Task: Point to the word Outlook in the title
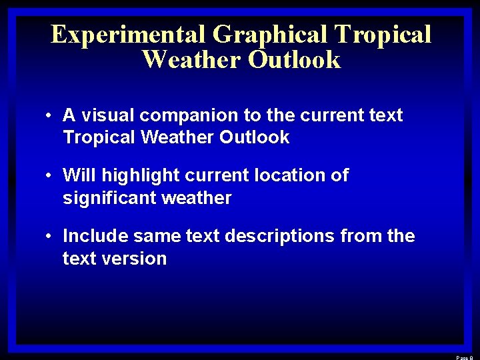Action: (x=294, y=60)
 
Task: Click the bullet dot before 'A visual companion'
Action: (x=50, y=116)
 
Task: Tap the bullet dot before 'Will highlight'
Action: (x=50, y=176)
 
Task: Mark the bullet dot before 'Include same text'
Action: (x=50, y=236)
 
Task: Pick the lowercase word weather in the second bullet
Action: (x=199, y=198)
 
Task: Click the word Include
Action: (x=95, y=235)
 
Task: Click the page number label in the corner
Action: (x=465, y=357)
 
